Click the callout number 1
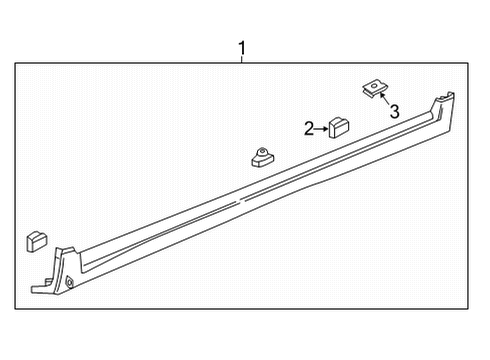tap(241, 47)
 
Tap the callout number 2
tap(309, 128)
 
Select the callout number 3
tap(394, 112)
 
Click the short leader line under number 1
tap(241, 60)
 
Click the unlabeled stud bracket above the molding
tap(263, 155)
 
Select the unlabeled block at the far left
tap(35, 241)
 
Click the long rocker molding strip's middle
tap(250, 195)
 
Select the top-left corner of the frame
tap(15, 63)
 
